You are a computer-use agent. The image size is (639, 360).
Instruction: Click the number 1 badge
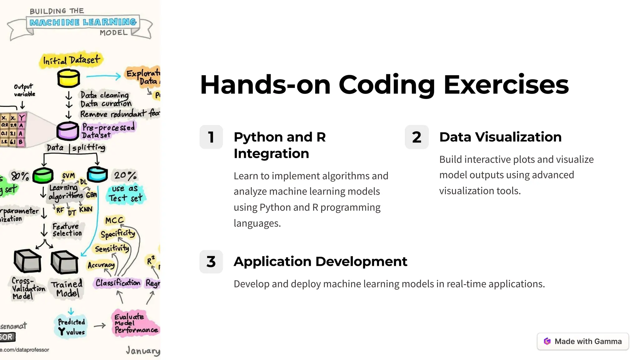(x=211, y=137)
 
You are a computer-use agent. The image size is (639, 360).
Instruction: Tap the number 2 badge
(x=417, y=137)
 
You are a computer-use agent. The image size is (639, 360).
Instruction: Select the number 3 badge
(x=211, y=261)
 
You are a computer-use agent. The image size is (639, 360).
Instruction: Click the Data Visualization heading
(x=500, y=137)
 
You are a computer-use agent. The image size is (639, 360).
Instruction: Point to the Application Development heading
(x=320, y=261)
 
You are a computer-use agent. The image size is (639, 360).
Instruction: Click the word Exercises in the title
(x=506, y=85)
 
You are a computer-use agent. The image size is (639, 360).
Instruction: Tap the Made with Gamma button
(x=583, y=341)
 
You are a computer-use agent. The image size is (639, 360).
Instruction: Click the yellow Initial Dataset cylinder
(x=69, y=78)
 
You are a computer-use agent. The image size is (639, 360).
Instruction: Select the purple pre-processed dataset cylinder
(x=67, y=131)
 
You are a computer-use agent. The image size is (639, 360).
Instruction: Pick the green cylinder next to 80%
(x=43, y=175)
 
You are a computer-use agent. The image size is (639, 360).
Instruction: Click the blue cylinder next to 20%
(x=97, y=174)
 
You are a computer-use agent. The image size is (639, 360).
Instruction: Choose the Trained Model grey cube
(x=64, y=262)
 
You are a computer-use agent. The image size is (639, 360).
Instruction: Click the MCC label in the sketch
(x=115, y=221)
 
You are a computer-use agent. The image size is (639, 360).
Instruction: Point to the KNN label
(x=85, y=209)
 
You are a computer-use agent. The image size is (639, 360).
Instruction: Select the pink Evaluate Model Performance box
(x=135, y=323)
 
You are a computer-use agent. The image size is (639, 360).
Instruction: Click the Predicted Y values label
(x=71, y=327)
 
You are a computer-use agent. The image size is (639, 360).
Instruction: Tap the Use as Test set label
(x=125, y=194)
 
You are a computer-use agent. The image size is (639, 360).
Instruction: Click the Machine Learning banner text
(x=83, y=22)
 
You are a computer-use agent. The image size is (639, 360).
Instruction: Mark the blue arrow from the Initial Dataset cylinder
(x=103, y=76)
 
